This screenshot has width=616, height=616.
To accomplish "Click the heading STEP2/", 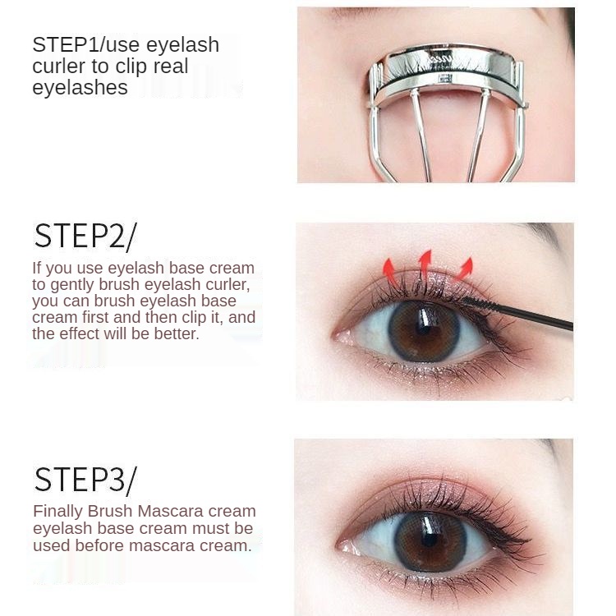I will pyautogui.click(x=85, y=236).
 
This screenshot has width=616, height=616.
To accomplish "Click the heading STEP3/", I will pyautogui.click(x=85, y=478).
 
